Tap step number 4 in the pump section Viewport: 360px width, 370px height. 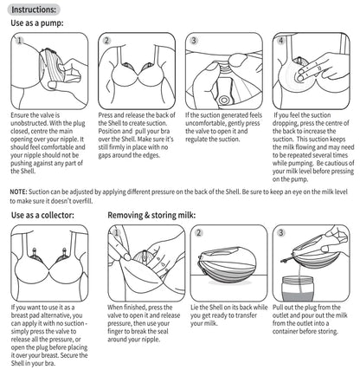280,41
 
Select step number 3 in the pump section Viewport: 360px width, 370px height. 194,41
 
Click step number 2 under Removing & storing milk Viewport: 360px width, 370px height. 200,232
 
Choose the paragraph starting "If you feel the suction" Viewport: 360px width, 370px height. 311,140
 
